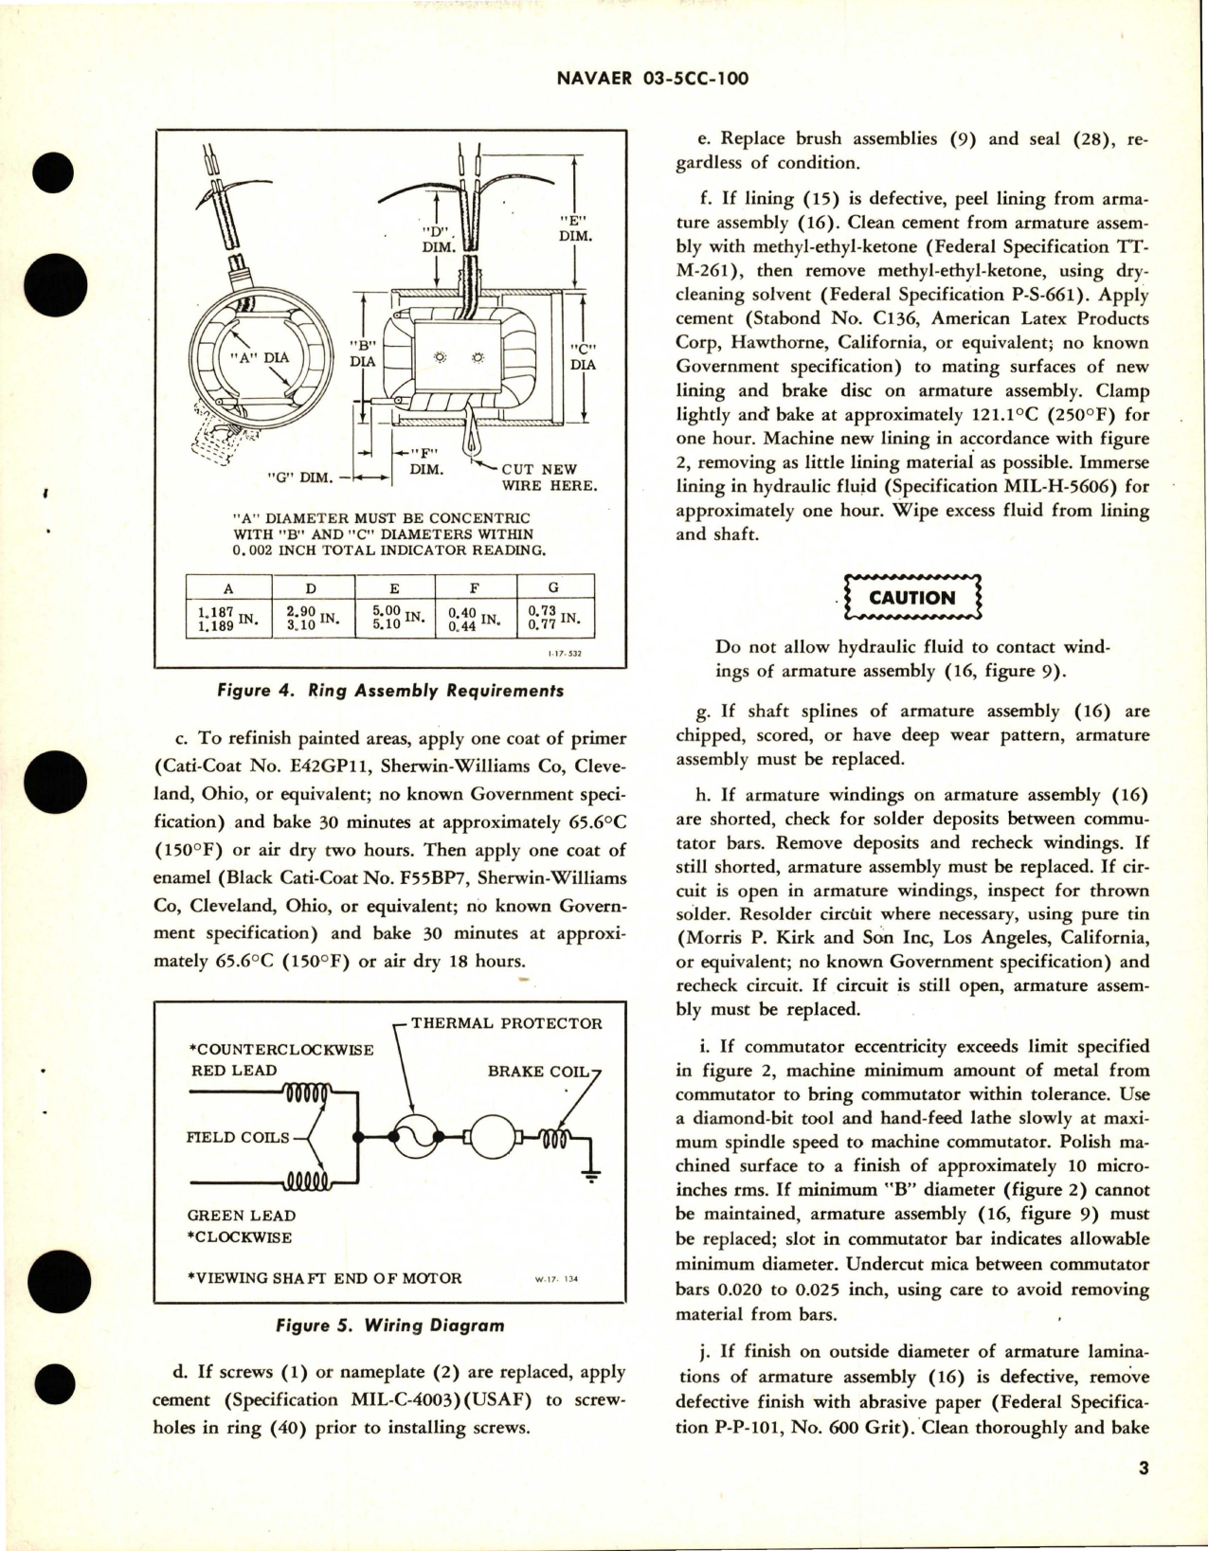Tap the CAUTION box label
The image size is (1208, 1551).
click(x=911, y=598)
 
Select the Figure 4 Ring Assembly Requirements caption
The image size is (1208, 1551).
click(x=389, y=691)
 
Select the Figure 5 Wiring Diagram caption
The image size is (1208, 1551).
click(x=389, y=1326)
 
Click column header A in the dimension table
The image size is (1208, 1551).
click(x=227, y=587)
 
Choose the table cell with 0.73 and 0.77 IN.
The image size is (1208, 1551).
click(x=554, y=619)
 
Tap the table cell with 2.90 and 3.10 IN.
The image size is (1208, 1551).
click(x=311, y=619)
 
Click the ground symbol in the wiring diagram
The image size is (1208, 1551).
click(x=590, y=1177)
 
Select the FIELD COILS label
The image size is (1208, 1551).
click(x=238, y=1137)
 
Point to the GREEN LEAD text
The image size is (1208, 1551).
click(x=242, y=1215)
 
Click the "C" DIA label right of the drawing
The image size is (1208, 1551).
click(x=583, y=356)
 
